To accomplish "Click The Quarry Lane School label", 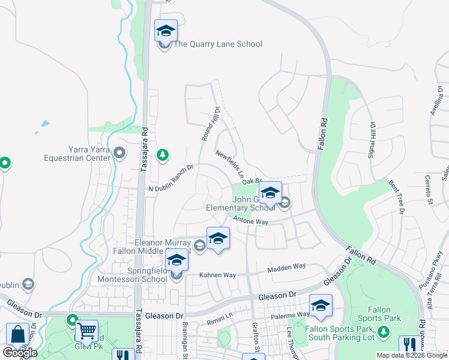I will point(217,44).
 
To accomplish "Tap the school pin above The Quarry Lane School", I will point(165,31).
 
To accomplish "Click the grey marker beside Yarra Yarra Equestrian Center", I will point(119,154).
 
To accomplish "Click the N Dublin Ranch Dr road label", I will point(171,178).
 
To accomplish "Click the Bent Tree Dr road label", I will point(397,196).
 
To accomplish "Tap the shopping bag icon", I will point(17,334).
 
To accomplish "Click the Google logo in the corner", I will point(20,353).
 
